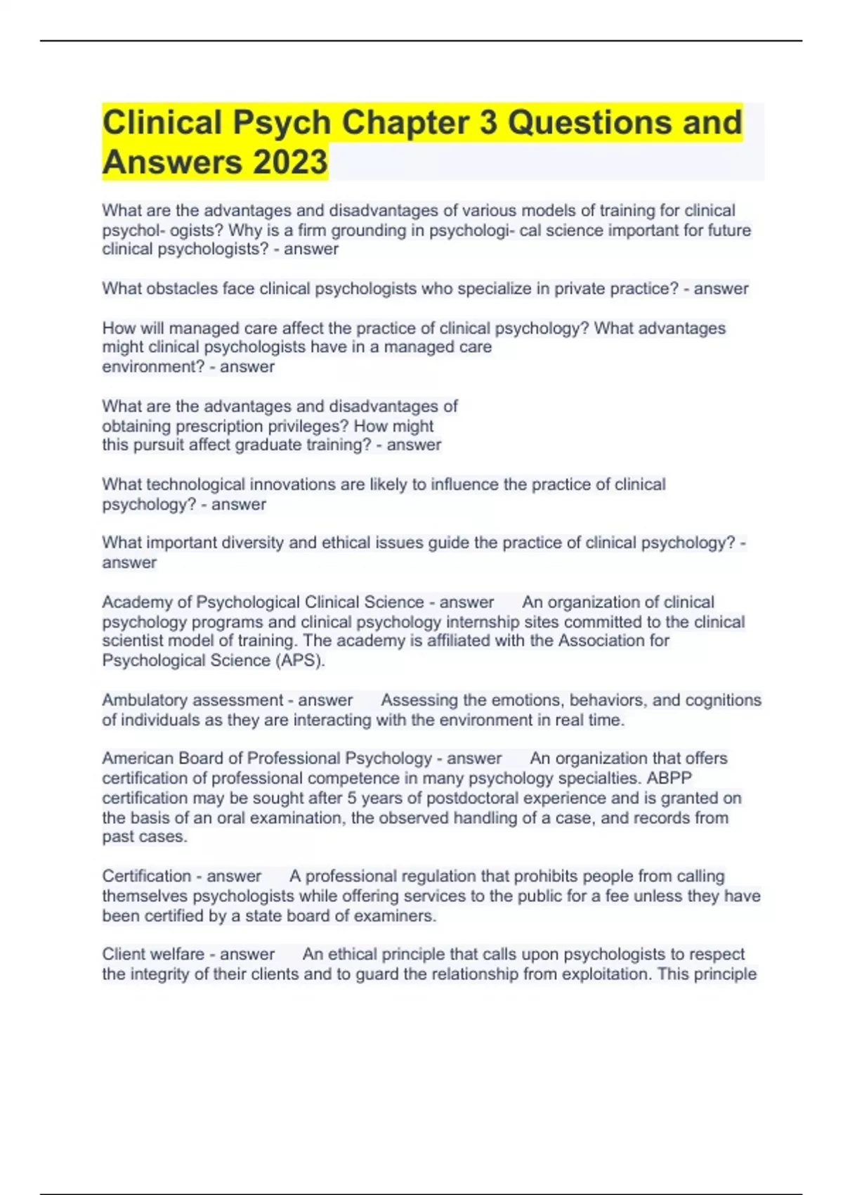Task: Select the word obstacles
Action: point(182,288)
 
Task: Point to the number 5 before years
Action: point(352,798)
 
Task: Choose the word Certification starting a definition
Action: point(146,876)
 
